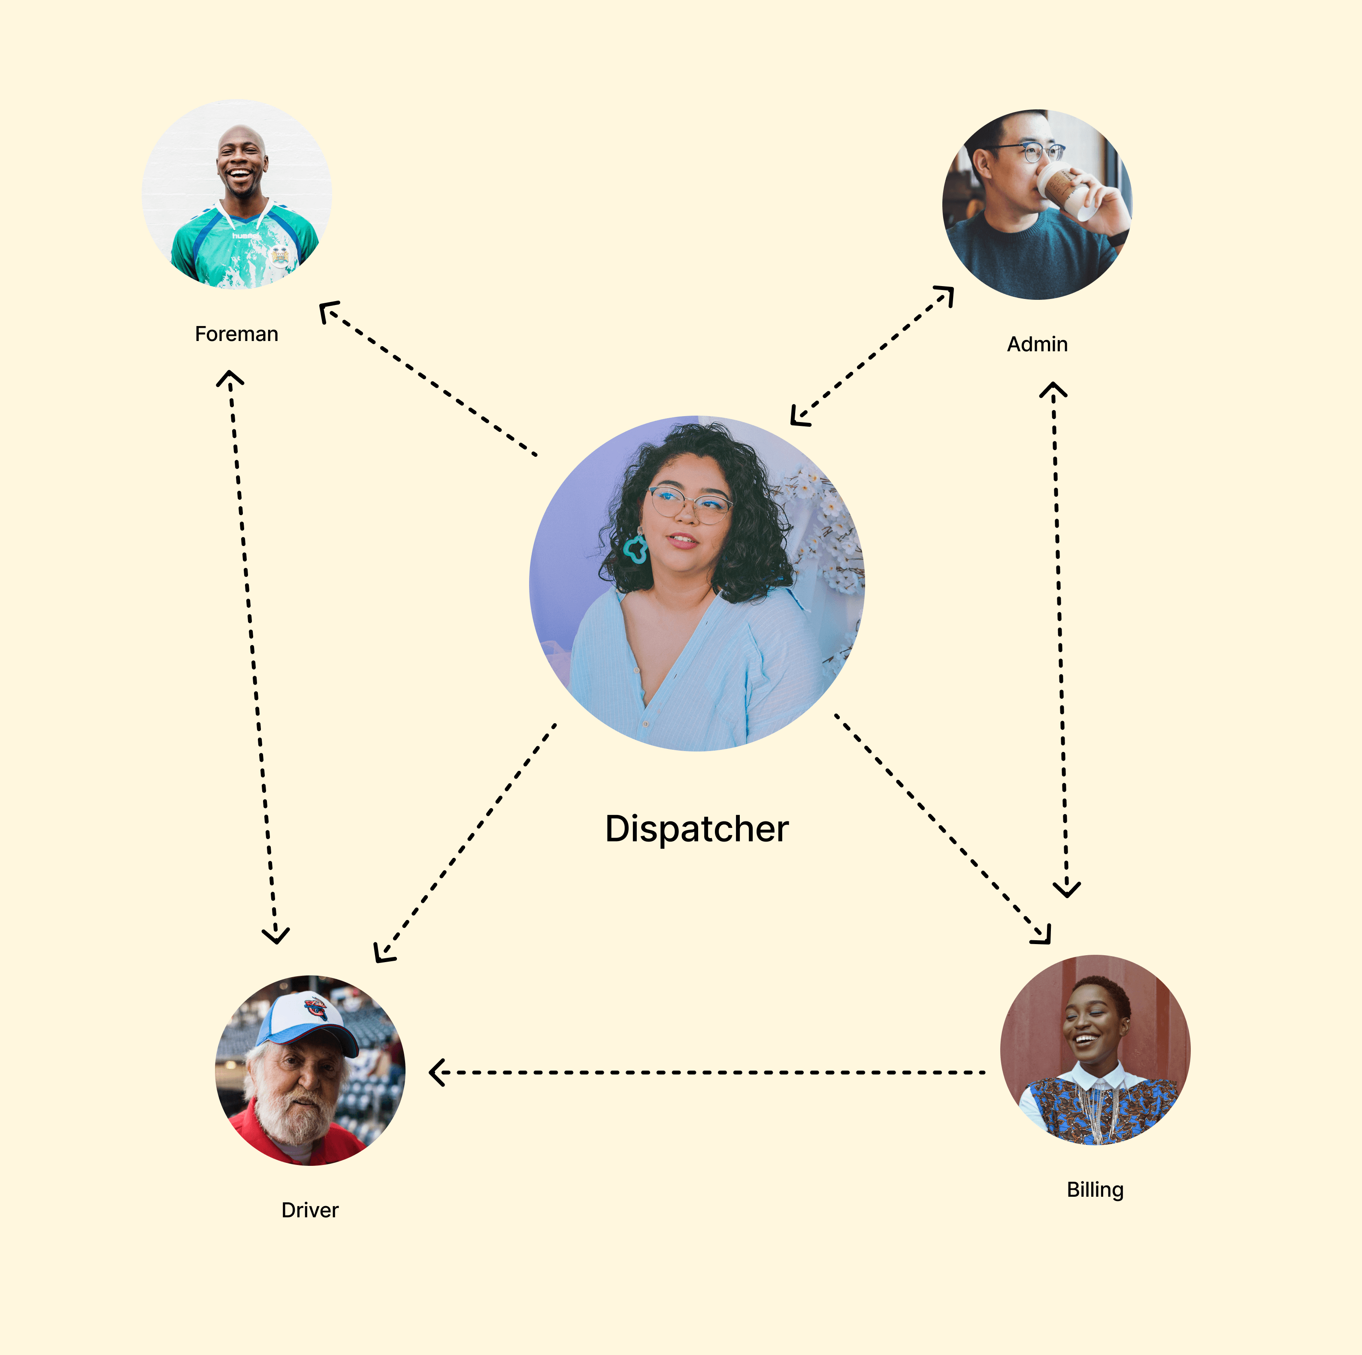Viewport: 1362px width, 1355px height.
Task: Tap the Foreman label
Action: click(236, 334)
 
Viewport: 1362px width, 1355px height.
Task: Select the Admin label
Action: click(1037, 344)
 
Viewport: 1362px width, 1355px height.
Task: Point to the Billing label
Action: click(1095, 1189)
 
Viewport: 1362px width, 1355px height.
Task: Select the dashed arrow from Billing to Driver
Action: click(705, 1072)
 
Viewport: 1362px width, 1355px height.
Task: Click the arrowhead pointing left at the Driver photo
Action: click(437, 1072)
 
